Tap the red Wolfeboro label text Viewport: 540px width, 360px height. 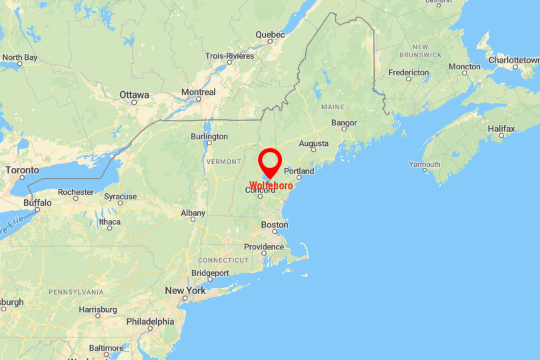271,185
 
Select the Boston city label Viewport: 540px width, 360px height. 275,225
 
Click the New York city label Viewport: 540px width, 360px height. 185,291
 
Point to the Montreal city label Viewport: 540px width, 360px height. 199,92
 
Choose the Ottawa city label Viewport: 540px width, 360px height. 134,95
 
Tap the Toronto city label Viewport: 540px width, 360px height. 23,170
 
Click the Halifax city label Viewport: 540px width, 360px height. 501,128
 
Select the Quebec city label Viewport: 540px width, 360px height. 270,35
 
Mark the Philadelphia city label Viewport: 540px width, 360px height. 150,321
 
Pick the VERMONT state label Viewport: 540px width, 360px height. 223,162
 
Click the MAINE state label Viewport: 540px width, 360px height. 333,107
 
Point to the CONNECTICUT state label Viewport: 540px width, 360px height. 223,260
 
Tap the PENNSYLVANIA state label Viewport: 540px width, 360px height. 76,292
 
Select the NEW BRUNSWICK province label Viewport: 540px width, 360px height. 421,51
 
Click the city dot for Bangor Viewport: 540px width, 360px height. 344,129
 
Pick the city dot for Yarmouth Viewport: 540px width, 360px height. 425,170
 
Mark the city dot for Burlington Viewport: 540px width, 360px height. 209,143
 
